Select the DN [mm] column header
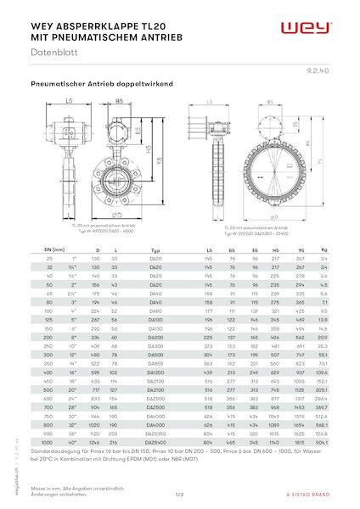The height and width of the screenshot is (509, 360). [42, 250]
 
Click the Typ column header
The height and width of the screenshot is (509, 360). [155, 250]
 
